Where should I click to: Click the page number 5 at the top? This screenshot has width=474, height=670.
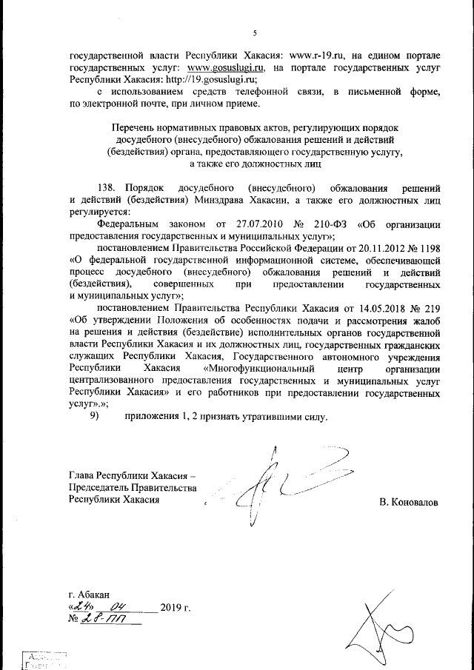254,33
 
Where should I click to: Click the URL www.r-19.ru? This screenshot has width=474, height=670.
319,55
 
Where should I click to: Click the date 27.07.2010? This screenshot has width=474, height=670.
261,224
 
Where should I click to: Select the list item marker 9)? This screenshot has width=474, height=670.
94,416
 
